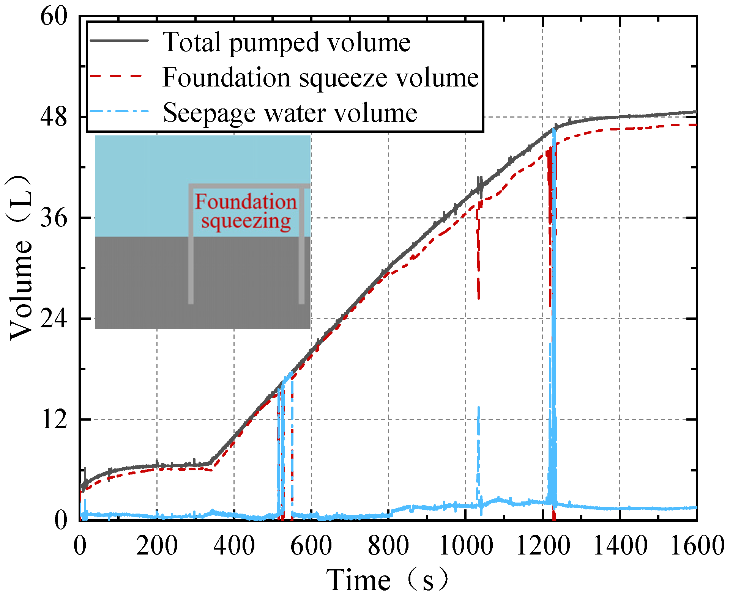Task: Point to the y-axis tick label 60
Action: [54, 17]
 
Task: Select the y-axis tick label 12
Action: [54, 420]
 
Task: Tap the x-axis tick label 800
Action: [388, 546]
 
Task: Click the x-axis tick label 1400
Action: [620, 546]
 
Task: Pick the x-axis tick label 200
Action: [157, 546]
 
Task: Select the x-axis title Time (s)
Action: [387, 580]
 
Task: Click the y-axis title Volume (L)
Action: [21, 258]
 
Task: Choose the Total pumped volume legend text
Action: [286, 42]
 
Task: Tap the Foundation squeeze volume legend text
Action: [320, 77]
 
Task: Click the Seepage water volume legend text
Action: [290, 113]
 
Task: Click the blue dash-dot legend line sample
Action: [118, 112]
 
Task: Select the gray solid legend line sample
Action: [118, 41]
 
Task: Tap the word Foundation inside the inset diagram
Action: [246, 201]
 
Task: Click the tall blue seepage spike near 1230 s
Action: [554, 303]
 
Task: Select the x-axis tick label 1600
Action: [697, 546]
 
